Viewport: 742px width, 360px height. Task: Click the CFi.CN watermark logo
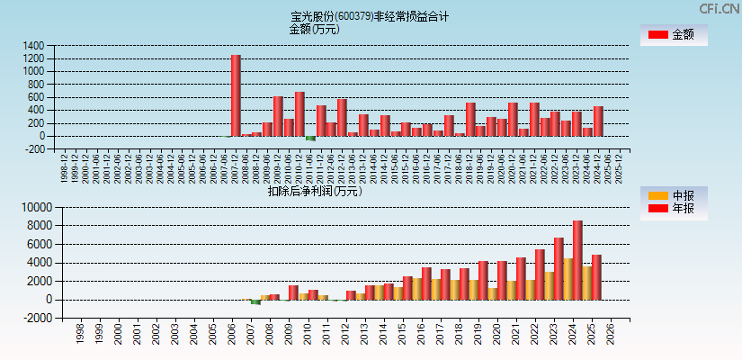coord(720,8)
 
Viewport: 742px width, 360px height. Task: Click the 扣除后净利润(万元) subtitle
coord(314,191)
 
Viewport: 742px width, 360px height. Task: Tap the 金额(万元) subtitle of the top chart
coord(314,29)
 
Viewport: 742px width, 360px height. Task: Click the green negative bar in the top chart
coord(310,139)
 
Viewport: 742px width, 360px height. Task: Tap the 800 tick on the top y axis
coord(35,85)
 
